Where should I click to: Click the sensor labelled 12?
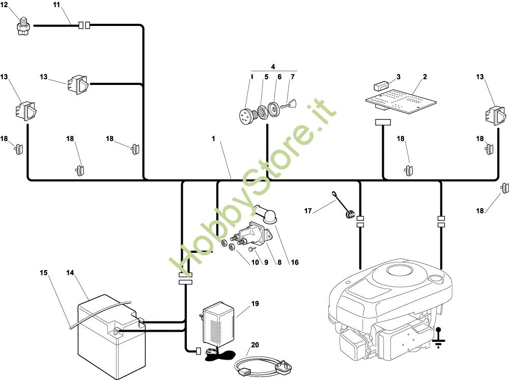coord(23,25)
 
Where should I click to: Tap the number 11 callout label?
coord(56,5)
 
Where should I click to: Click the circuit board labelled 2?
coord(401,101)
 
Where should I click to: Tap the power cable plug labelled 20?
coord(264,366)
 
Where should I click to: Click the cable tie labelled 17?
coord(343,205)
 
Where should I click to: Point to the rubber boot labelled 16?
coord(266,214)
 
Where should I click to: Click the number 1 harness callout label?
coord(213,138)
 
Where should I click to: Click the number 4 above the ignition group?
coord(273,67)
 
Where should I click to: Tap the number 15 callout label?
coord(43,273)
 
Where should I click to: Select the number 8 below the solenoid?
coord(279,262)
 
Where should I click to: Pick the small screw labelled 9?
coord(251,249)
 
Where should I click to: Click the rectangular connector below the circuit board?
coord(383,122)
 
